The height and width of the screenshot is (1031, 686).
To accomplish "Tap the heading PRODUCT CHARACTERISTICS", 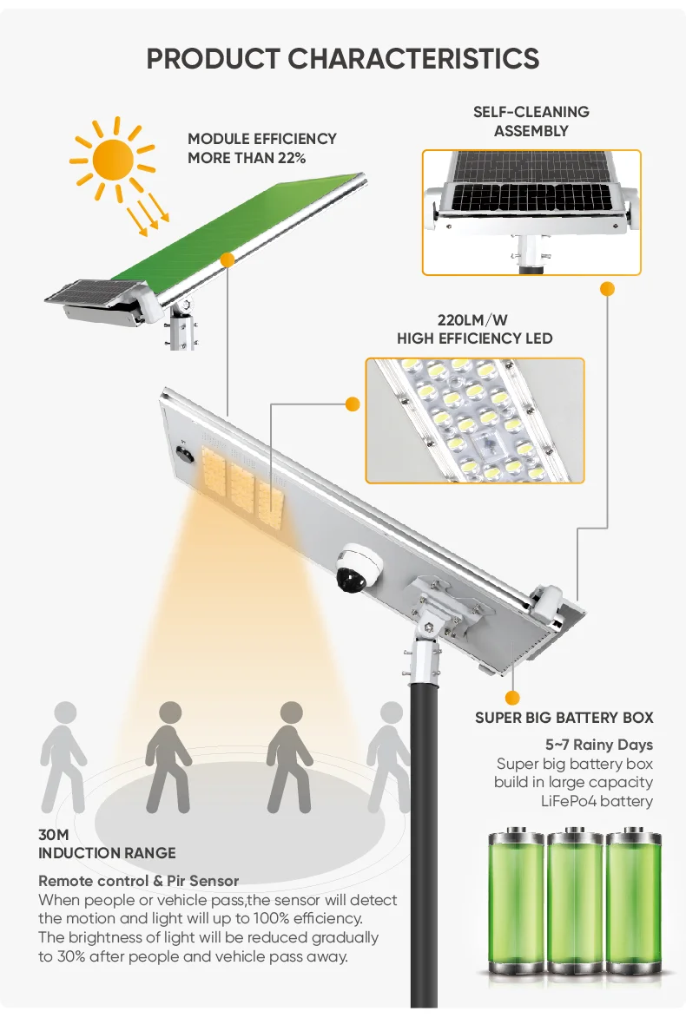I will (343, 59).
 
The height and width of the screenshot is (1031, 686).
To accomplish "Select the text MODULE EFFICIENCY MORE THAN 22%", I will (262, 148).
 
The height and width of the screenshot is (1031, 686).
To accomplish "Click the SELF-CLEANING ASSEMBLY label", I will (531, 121).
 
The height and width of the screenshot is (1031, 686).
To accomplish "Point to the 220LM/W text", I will (474, 319).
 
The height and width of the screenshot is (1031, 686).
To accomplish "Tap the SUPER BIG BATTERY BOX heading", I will (564, 718).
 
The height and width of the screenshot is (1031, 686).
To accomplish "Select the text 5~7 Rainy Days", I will (598, 745).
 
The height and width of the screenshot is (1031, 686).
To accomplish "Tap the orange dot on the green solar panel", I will (228, 259).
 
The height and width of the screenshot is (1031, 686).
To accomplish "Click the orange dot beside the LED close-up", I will (353, 404).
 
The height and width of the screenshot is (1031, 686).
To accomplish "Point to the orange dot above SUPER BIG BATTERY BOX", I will (512, 696).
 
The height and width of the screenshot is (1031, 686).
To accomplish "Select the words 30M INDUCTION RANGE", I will (107, 844).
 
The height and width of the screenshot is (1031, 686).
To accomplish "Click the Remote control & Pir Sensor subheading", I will (138, 881).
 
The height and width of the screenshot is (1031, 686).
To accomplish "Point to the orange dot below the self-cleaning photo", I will (608, 288).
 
